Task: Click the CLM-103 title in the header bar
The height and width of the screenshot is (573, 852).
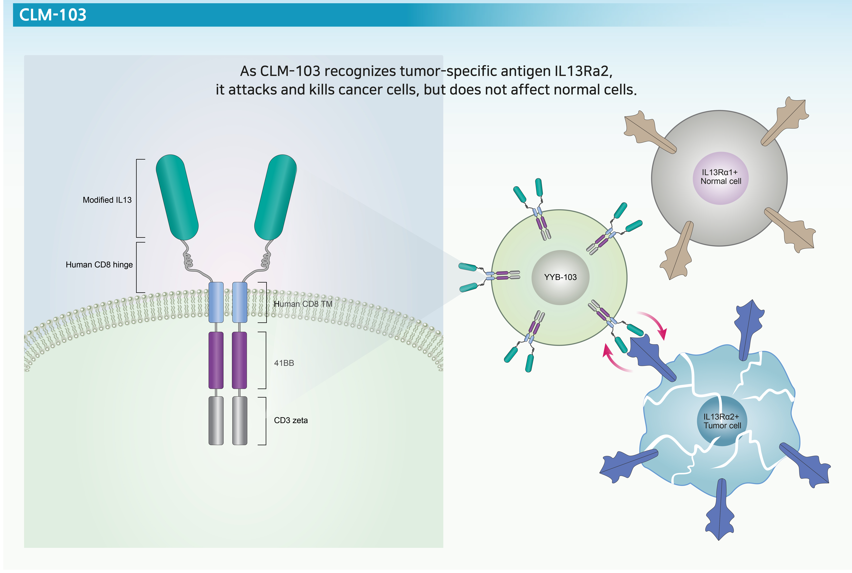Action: (53, 15)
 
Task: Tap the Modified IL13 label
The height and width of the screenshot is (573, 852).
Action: (107, 200)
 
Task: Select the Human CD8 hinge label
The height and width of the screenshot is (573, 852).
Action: (99, 265)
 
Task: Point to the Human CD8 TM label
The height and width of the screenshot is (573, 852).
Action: (303, 304)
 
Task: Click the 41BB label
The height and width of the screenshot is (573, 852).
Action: (284, 363)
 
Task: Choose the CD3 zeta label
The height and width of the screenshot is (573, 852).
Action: (291, 420)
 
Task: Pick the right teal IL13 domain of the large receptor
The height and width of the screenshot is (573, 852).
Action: (275, 197)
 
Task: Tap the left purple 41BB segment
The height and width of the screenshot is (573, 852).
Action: (216, 360)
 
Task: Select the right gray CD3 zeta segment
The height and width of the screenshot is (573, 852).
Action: (240, 421)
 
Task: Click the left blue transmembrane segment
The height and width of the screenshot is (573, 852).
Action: (216, 302)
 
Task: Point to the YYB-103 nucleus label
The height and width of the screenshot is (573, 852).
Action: (560, 277)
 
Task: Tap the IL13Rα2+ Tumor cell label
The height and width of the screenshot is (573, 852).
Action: (722, 421)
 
